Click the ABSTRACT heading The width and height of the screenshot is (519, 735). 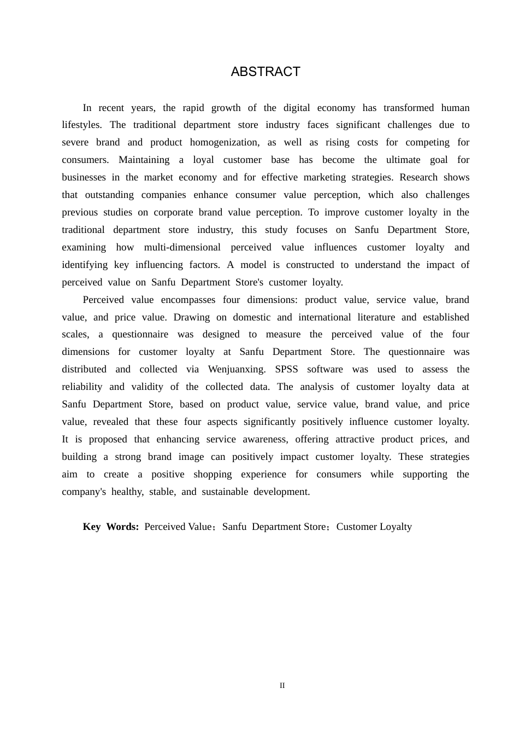[266, 72]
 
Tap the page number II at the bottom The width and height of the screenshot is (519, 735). [282, 685]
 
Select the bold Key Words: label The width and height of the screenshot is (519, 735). [111, 527]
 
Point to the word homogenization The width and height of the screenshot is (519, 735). [225, 142]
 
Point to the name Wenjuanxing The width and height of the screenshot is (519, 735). [237, 369]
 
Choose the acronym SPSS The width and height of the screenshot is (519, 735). [286, 369]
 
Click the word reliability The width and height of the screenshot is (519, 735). [82, 387]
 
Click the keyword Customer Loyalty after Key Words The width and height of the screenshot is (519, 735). [374, 527]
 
